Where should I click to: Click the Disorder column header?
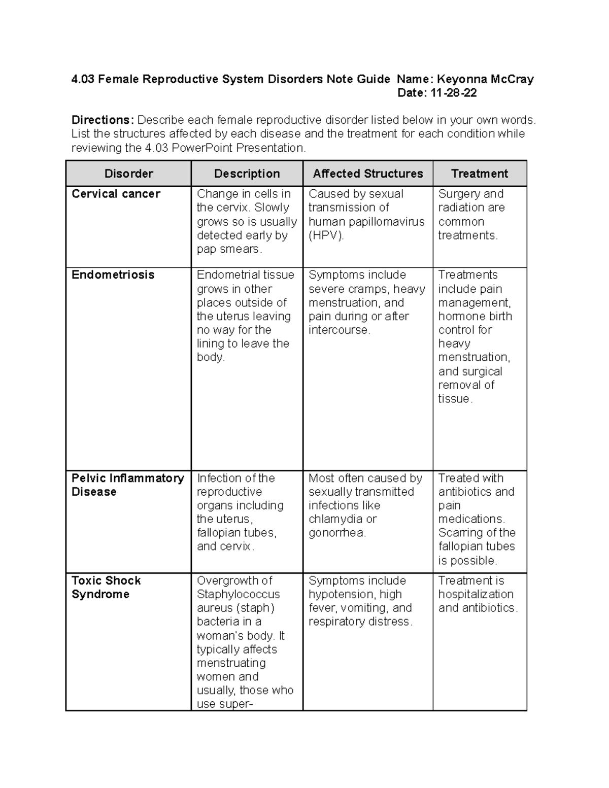click(128, 174)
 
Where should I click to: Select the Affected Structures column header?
click(367, 174)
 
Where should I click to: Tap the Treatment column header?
click(479, 174)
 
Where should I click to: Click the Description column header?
click(247, 174)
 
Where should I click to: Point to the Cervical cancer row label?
click(116, 194)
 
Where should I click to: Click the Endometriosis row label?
click(113, 275)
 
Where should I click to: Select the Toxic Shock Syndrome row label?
click(106, 587)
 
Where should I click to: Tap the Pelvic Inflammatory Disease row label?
click(127, 485)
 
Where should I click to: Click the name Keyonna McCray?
click(485, 79)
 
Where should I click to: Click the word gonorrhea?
click(337, 533)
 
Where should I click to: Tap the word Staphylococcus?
click(238, 594)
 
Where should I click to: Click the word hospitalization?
click(476, 594)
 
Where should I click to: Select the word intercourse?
click(339, 330)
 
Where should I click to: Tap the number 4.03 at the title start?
click(83, 79)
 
